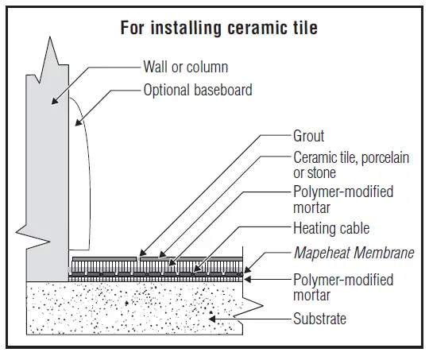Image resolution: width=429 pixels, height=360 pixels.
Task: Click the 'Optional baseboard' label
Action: (x=198, y=90)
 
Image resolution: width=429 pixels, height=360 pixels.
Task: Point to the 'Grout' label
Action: (x=309, y=136)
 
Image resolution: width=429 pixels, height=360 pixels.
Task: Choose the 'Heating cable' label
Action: (x=331, y=229)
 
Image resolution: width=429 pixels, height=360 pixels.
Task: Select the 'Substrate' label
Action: (x=320, y=319)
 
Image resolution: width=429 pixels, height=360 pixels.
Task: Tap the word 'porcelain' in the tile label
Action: (x=382, y=158)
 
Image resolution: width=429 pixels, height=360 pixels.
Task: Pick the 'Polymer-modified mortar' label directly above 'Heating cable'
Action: (x=343, y=199)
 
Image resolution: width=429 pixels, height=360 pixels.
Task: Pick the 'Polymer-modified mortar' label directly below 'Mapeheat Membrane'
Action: (x=343, y=287)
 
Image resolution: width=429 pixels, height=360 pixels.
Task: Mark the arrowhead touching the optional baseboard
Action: (x=77, y=124)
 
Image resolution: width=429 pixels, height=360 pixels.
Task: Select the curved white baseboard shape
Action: (x=79, y=183)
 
